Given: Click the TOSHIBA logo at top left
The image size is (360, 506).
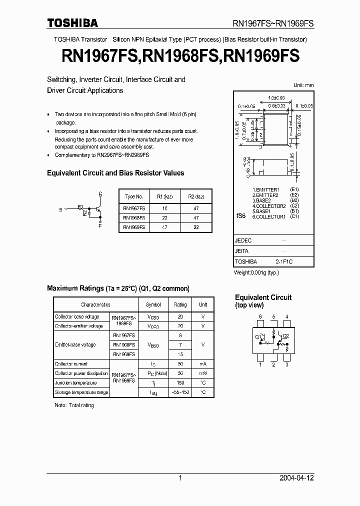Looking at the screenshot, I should [x=72, y=23].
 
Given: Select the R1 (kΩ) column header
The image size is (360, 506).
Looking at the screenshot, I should [x=162, y=196].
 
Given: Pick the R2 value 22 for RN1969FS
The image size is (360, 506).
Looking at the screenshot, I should [x=195, y=226].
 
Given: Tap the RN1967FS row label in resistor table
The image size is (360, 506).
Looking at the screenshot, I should [x=133, y=207].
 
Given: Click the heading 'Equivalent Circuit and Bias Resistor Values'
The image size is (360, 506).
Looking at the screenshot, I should [x=115, y=173].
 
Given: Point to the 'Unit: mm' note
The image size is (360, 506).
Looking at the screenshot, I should [x=303, y=85].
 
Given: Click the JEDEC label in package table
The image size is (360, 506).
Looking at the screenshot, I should [x=243, y=240].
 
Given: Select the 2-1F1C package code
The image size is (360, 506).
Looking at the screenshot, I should [x=283, y=261].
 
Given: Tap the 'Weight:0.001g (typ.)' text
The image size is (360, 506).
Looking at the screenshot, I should [x=256, y=272].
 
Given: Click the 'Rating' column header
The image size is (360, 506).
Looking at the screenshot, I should [x=180, y=304].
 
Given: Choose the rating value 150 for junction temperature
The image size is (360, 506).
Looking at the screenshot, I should [x=180, y=382].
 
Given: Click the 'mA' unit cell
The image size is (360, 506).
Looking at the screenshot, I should [x=202, y=364].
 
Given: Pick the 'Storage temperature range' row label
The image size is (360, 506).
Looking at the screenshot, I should [x=81, y=392].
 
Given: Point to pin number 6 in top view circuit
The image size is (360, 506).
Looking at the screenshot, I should [x=260, y=317].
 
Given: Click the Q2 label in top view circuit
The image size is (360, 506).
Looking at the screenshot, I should [x=285, y=336].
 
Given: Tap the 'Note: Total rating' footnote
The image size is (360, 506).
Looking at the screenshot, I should [x=74, y=405].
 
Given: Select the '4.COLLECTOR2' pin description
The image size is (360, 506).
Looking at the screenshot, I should [x=269, y=206].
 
